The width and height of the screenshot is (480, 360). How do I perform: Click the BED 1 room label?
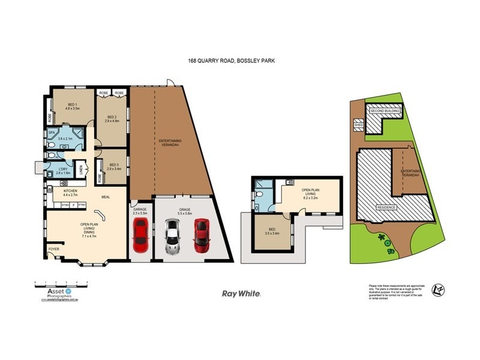(73, 106)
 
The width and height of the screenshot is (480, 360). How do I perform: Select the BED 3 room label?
(113, 167)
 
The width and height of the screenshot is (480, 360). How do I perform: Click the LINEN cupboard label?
(82, 170)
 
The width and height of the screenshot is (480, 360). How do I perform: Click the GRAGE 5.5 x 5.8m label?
(184, 212)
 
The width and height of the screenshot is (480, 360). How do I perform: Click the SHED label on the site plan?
(359, 125)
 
